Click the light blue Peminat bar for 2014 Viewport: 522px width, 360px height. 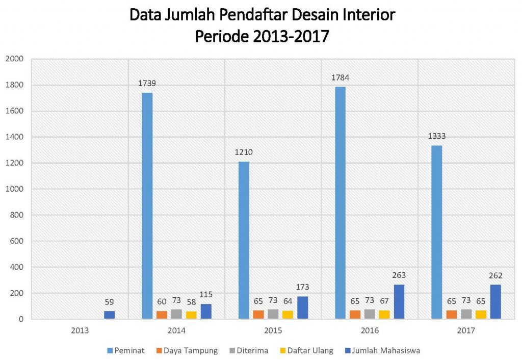[x=147, y=206]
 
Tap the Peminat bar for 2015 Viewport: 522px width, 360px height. [x=244, y=240]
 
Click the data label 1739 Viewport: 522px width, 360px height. [x=147, y=83]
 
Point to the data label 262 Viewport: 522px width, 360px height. [x=495, y=275]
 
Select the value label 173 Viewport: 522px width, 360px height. [x=302, y=287]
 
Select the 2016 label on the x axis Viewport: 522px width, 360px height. [x=370, y=330]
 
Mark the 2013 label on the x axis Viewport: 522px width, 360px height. [x=80, y=330]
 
